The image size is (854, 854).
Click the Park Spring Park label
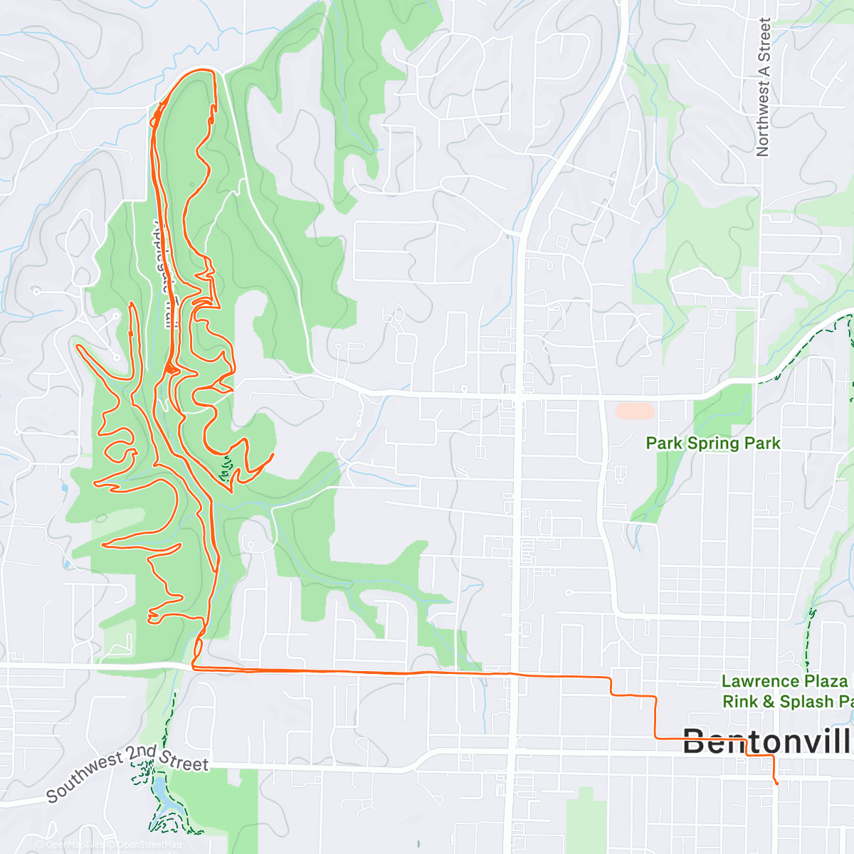click(712, 443)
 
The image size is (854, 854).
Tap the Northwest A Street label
click(763, 87)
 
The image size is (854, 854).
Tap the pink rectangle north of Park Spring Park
click(635, 411)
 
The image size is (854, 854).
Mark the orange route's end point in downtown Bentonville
click(776, 784)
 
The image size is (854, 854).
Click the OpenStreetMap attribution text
click(149, 845)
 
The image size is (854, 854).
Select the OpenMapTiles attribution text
click(74, 845)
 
